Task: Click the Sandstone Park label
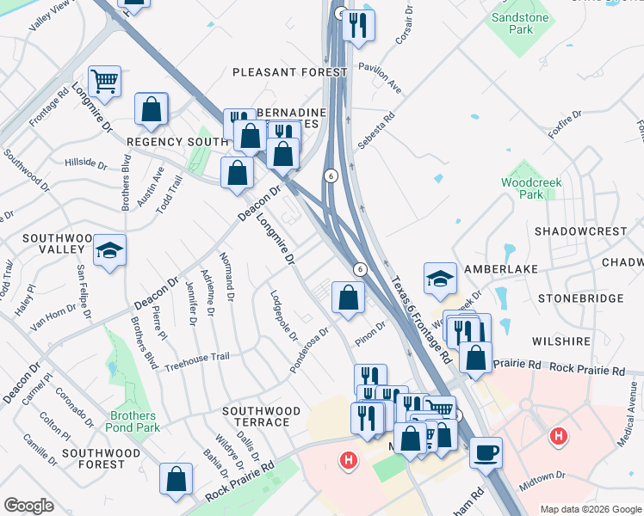[x=521, y=23]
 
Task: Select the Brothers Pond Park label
[x=133, y=421]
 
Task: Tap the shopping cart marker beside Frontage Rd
[x=104, y=82]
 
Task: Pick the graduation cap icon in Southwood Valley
[x=109, y=250]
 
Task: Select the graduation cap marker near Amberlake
[x=439, y=278]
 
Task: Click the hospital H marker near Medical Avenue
[x=559, y=437]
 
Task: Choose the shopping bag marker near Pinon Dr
[x=348, y=298]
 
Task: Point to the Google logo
[x=29, y=506]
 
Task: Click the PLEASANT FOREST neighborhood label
[x=288, y=72]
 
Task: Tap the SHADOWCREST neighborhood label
[x=580, y=231]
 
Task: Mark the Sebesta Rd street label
[x=377, y=129]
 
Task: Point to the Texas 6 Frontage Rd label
[x=420, y=318]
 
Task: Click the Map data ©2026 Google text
[x=590, y=509]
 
